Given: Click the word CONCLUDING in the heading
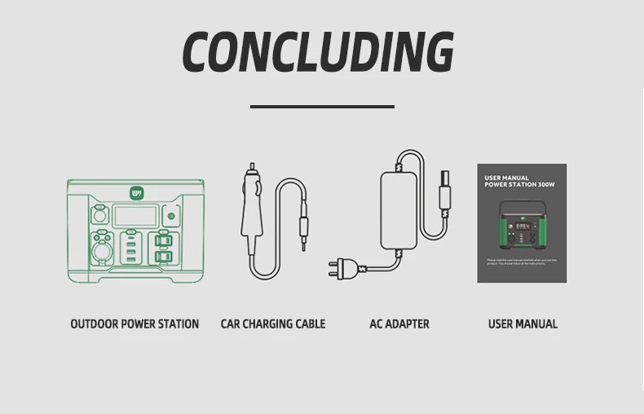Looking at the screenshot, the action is point(318,53).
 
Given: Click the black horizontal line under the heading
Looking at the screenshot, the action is point(322,106).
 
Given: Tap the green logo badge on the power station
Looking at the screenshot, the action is point(135,193).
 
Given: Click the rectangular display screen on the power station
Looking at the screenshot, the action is point(135,217).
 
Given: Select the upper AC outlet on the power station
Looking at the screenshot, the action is point(163,242).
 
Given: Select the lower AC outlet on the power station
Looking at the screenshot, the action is point(163,258).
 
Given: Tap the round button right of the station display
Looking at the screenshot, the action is point(170,218).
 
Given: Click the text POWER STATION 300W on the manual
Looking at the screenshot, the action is point(518,185).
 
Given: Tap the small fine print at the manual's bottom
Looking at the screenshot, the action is point(521,262).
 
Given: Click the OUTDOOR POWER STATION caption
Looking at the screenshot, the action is point(135,324).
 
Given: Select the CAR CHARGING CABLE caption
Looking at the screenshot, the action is point(272,324).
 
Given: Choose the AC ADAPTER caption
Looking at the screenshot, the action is point(399,324).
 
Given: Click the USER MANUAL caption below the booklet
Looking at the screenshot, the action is point(523,324).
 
